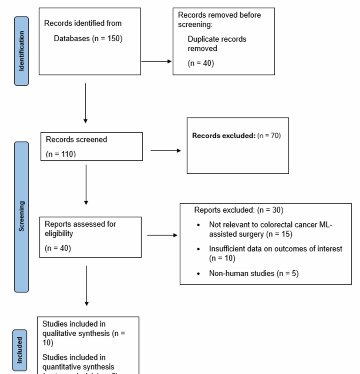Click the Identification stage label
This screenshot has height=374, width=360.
(21, 51)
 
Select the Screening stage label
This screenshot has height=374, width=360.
(21, 217)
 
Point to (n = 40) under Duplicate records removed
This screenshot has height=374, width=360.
(201, 63)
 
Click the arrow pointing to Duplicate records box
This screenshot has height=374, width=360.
(156, 61)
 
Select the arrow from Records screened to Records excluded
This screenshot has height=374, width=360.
(165, 150)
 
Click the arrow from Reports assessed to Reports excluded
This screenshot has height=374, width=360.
(162, 236)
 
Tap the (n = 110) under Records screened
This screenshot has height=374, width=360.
(61, 154)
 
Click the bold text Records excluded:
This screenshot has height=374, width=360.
(223, 136)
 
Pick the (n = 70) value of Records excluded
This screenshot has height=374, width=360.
(269, 136)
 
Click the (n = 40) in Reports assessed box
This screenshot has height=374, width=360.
(58, 248)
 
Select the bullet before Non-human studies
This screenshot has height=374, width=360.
(198, 274)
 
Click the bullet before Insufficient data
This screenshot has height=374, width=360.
(198, 249)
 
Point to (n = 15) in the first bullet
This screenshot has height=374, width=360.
(279, 234)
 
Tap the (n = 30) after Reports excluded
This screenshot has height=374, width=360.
(270, 210)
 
